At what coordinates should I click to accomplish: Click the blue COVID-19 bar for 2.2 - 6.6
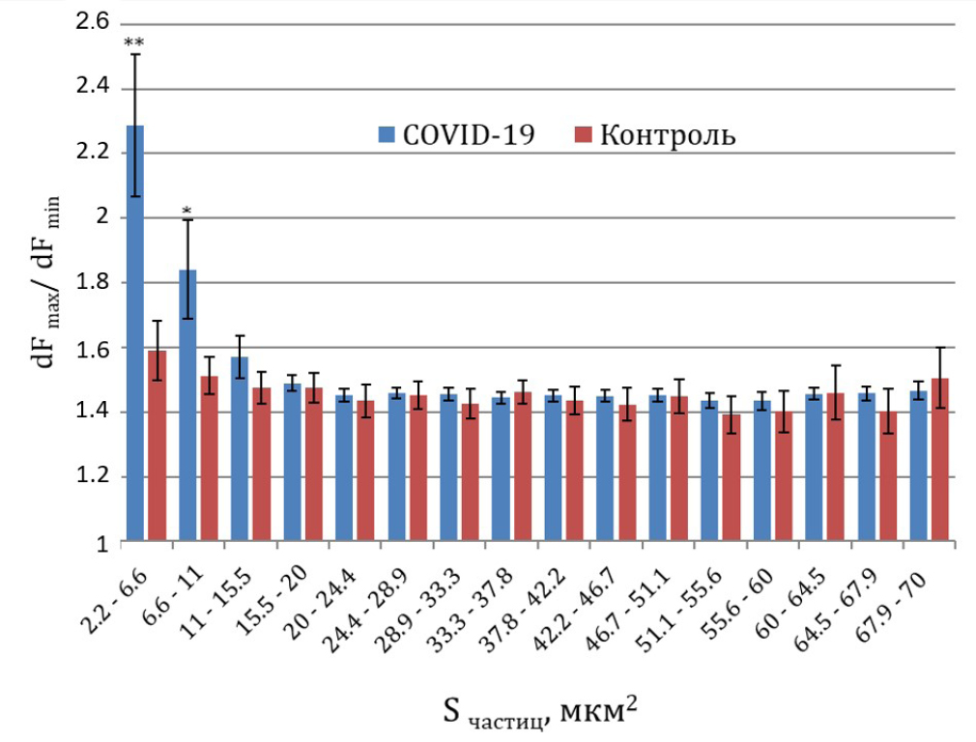pyautogui.click(x=135, y=333)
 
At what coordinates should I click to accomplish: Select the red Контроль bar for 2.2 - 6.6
pyautogui.click(x=157, y=445)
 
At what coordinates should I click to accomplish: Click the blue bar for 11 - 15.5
pyautogui.click(x=240, y=449)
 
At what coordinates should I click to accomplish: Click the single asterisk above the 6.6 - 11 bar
pyautogui.click(x=187, y=211)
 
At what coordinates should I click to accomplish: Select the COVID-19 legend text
pyautogui.click(x=468, y=134)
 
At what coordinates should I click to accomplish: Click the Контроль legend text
pyautogui.click(x=668, y=135)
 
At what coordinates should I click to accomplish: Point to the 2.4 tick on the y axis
pyautogui.click(x=93, y=89)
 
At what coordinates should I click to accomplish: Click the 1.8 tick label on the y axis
pyautogui.click(x=93, y=283)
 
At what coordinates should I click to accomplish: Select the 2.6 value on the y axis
pyautogui.click(x=93, y=23)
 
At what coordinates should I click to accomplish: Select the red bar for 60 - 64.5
pyautogui.click(x=835, y=468)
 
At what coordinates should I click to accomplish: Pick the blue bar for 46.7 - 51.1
pyautogui.click(x=657, y=468)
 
